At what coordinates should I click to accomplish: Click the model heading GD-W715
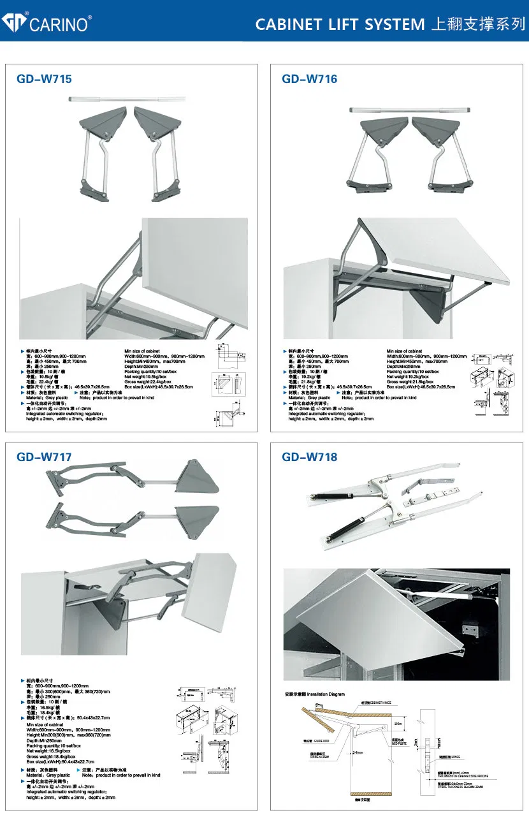click(44, 79)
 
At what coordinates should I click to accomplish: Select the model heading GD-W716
click(310, 79)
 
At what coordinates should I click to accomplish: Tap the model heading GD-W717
click(44, 457)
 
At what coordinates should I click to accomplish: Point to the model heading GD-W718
click(310, 457)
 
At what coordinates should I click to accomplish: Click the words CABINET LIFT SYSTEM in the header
click(339, 24)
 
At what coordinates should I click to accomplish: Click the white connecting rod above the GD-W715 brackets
click(126, 99)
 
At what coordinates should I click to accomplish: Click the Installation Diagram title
click(315, 694)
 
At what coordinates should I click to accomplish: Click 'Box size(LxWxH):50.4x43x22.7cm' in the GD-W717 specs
click(61, 761)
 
